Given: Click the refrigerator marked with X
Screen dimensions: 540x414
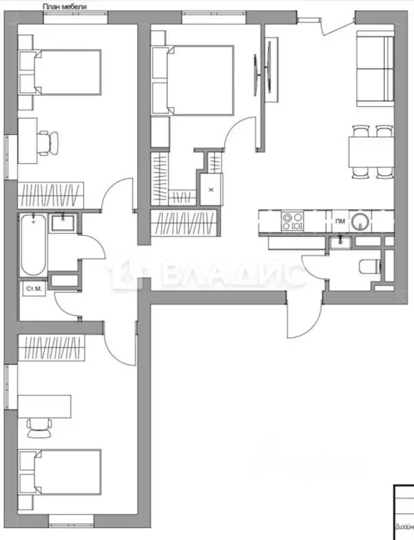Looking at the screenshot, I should pos(211,188).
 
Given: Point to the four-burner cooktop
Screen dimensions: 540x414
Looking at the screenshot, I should pos(292,221).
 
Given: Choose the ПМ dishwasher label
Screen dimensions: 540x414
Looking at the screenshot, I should pos(339,221).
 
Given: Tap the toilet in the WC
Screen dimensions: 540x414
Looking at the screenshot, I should pos(368,266).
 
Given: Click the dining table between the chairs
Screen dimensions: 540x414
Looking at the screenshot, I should pos(370,149).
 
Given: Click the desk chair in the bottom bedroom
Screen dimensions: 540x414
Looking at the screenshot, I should pos(39,425).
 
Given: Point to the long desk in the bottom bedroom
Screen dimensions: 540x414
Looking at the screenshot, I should pos(45,405).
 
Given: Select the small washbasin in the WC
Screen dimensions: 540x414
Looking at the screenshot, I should pos(342,241).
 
